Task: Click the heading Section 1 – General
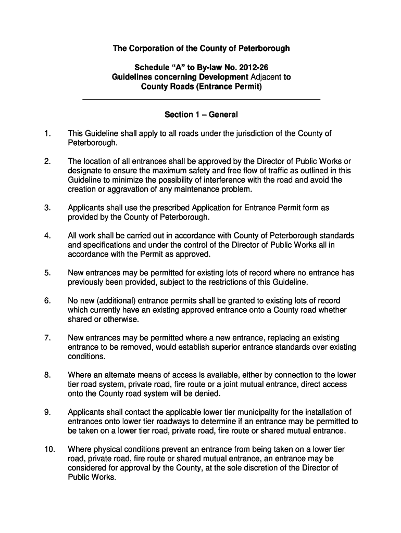(x=201, y=115)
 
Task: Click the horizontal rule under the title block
(x=201, y=99)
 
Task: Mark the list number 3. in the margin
(x=47, y=208)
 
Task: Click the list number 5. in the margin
(x=47, y=273)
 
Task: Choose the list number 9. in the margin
(x=47, y=412)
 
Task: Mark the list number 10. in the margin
(x=49, y=449)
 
